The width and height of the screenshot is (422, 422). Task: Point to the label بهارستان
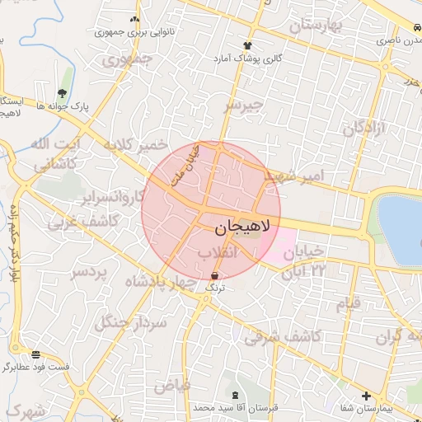[x=315, y=26]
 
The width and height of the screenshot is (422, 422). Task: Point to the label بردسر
[x=88, y=272]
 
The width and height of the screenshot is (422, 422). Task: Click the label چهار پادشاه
[x=162, y=284]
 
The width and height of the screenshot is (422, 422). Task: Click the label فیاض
[x=172, y=385]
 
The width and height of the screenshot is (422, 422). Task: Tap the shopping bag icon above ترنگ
[x=215, y=275]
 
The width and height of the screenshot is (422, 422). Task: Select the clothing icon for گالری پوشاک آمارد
[x=246, y=45]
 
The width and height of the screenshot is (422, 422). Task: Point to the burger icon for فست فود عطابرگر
[x=35, y=354]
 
